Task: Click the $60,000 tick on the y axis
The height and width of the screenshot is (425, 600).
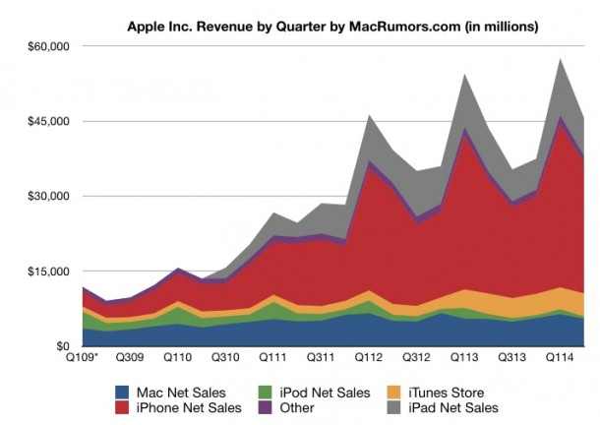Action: coord(47,46)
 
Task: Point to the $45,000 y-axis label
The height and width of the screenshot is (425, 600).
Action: coord(47,121)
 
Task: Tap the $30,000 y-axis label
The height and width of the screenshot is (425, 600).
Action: coord(47,196)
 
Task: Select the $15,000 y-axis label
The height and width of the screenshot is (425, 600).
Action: coord(47,271)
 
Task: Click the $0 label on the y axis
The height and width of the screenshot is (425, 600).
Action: coord(61,346)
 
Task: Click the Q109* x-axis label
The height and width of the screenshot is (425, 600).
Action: coord(83,359)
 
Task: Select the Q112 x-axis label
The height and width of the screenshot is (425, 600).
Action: coord(368,359)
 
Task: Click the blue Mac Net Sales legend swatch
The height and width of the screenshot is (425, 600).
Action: coord(123,391)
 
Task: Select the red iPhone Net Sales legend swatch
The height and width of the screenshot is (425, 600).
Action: coord(123,407)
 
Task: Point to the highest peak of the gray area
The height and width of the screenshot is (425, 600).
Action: coord(560,59)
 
